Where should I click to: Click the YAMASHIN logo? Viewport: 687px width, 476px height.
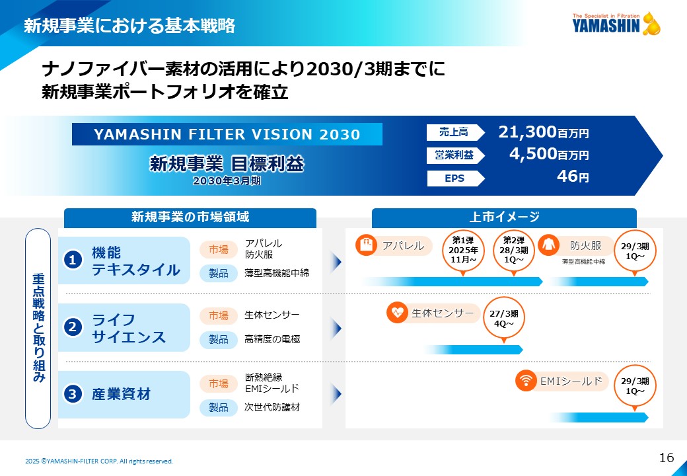click(616, 24)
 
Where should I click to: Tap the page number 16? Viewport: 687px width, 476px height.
click(667, 457)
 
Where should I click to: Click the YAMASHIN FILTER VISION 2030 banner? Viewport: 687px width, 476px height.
click(227, 134)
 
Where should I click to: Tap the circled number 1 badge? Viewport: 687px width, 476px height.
click(73, 260)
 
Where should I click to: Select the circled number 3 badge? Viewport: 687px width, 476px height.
click(73, 393)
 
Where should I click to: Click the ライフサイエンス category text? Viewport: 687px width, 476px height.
click(129, 329)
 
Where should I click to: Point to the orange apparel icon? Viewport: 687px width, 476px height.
click(366, 245)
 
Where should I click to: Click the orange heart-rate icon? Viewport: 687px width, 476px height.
click(397, 313)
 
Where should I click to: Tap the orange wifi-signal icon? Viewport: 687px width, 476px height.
click(526, 380)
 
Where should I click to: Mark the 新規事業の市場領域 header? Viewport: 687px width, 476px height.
click(190, 218)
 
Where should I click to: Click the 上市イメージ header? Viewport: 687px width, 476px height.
click(504, 218)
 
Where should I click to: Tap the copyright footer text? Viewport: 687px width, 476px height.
click(99, 461)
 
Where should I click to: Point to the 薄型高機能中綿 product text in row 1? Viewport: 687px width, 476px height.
click(277, 273)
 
